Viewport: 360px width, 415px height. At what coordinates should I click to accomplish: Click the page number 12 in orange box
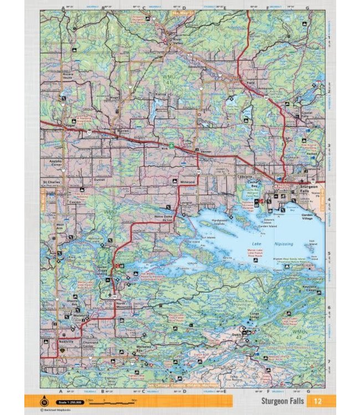(316, 401)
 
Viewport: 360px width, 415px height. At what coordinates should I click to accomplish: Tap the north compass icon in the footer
(45, 402)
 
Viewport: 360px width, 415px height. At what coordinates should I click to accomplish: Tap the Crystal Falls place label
(305, 115)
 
